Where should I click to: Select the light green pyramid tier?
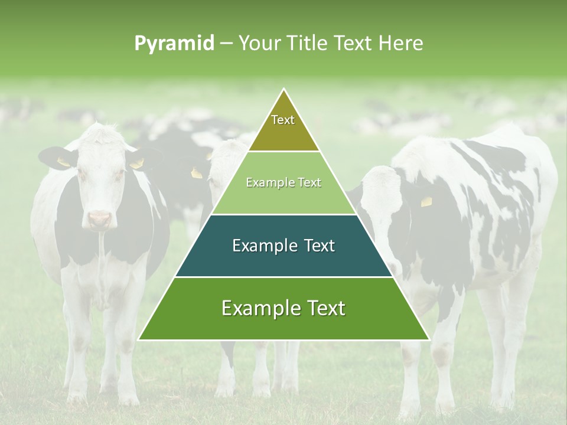point(283,189)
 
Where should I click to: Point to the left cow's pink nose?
point(100,220)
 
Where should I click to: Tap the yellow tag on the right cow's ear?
point(426,202)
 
